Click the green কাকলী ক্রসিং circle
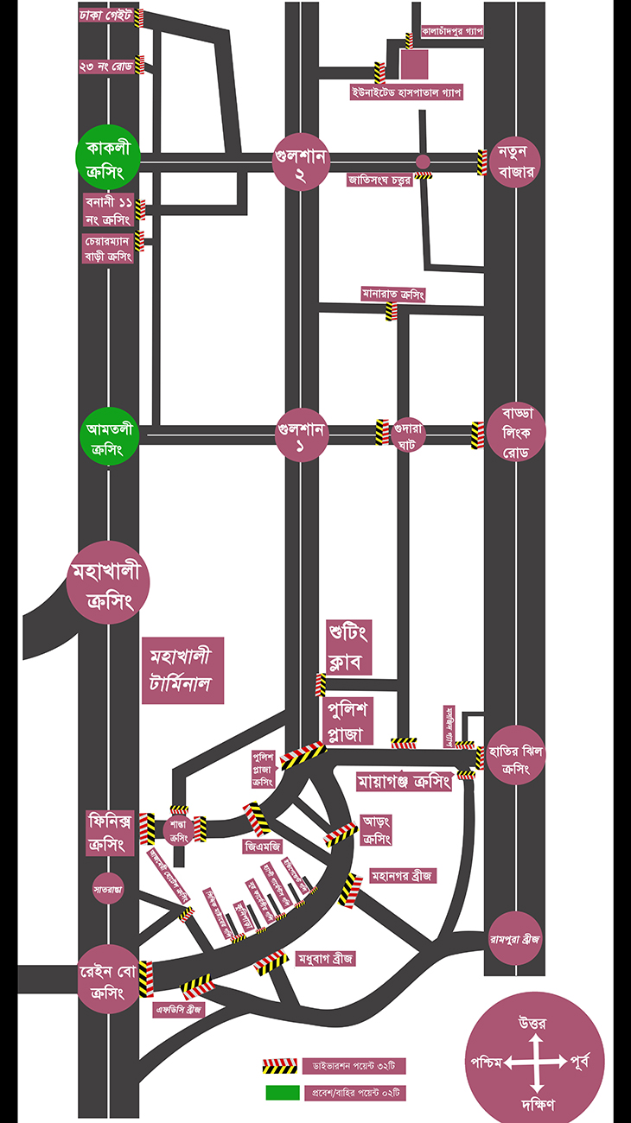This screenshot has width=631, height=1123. [x=107, y=162]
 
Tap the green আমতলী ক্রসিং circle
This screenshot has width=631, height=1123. [x=108, y=438]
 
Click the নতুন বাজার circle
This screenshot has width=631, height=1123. [x=517, y=162]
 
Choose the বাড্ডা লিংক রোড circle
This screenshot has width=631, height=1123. [x=516, y=433]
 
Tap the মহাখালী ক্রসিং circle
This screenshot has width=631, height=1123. [x=108, y=585]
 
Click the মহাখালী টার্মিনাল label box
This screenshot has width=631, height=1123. [x=182, y=669]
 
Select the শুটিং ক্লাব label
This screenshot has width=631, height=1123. [x=348, y=647]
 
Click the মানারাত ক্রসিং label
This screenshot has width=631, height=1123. [x=393, y=295]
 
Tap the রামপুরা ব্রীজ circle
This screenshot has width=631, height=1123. [x=515, y=939]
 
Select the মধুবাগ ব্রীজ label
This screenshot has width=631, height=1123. [x=325, y=960]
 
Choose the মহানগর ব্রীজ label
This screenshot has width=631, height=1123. [x=402, y=876]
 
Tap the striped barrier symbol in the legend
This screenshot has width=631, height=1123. [x=280, y=1065]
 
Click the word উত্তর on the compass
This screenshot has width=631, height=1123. [x=532, y=1025]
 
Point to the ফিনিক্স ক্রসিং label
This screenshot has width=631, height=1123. [x=111, y=832]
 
